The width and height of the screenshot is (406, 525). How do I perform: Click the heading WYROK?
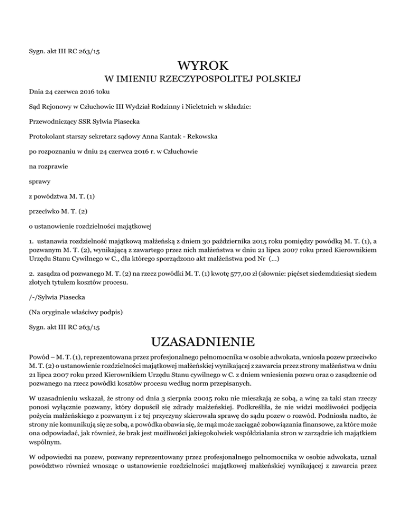click(203, 65)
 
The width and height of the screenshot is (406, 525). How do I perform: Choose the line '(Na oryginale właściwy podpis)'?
click(76, 312)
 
